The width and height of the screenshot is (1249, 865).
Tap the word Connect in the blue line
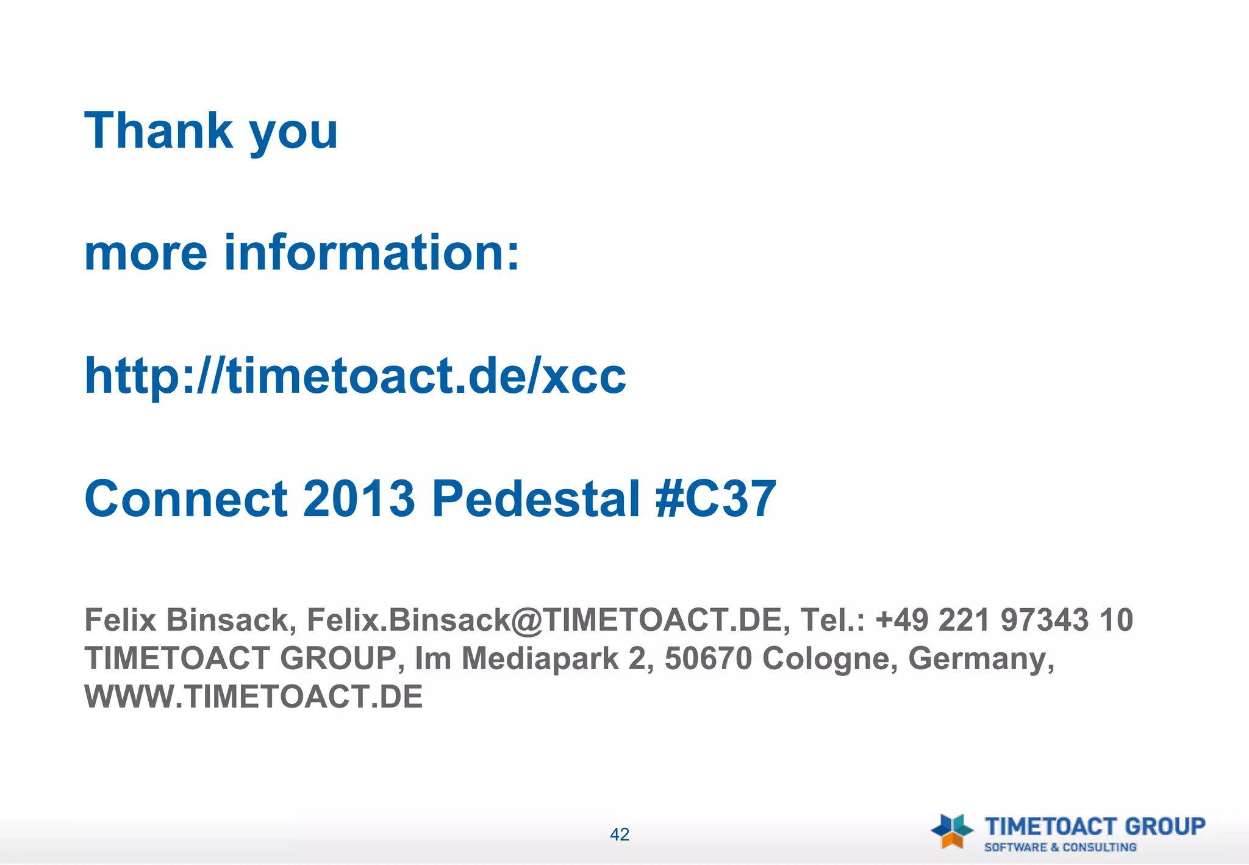pyautogui.click(x=186, y=498)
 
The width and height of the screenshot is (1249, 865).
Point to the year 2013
pyautogui.click(x=359, y=498)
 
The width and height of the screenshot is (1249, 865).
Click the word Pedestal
pyautogui.click(x=536, y=498)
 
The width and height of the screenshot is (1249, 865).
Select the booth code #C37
pyautogui.click(x=715, y=498)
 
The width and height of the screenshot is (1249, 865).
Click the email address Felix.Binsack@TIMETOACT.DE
pyautogui.click(x=544, y=620)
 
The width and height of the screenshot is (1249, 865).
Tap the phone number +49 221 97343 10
pyautogui.click(x=1004, y=620)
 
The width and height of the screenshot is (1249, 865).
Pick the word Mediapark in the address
pyautogui.click(x=540, y=658)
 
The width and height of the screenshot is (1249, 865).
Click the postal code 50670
pyautogui.click(x=708, y=658)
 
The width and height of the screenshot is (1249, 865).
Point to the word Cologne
pyautogui.click(x=830, y=659)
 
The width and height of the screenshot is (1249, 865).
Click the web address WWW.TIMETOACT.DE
pyautogui.click(x=253, y=697)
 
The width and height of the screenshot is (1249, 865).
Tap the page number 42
pyautogui.click(x=620, y=834)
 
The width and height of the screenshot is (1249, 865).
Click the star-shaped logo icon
pyautogui.click(x=952, y=831)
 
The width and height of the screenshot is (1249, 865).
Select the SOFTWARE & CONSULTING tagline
pyautogui.click(x=1060, y=847)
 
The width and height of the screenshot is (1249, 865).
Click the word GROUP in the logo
pyautogui.click(x=1165, y=827)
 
